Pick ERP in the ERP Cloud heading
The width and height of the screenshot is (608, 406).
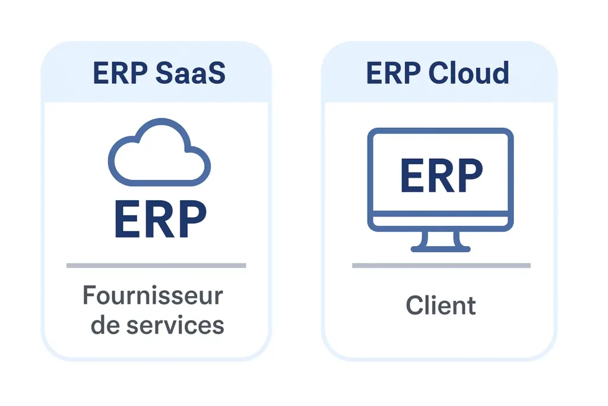388,73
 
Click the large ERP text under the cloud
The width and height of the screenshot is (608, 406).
160,219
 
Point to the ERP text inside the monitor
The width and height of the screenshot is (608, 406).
441,176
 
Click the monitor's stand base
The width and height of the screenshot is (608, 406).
441,248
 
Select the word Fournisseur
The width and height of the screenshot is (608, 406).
153,295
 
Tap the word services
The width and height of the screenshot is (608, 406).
178,325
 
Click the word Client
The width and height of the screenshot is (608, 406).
441,306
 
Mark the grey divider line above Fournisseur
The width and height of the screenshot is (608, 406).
156,265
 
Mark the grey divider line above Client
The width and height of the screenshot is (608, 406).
441,265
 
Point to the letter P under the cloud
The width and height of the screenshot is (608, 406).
191,219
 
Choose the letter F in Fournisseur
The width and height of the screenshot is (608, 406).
90,295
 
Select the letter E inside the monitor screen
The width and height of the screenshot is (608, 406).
412,176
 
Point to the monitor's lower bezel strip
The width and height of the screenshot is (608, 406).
441,221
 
